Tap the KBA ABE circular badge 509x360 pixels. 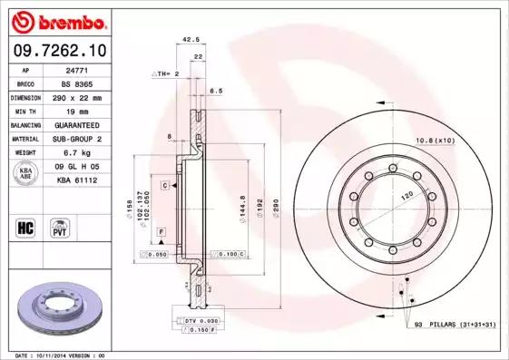tap(26, 174)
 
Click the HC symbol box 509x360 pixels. tap(25, 227)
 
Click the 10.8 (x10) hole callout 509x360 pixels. tap(433, 140)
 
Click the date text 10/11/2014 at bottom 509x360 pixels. tap(54, 355)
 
